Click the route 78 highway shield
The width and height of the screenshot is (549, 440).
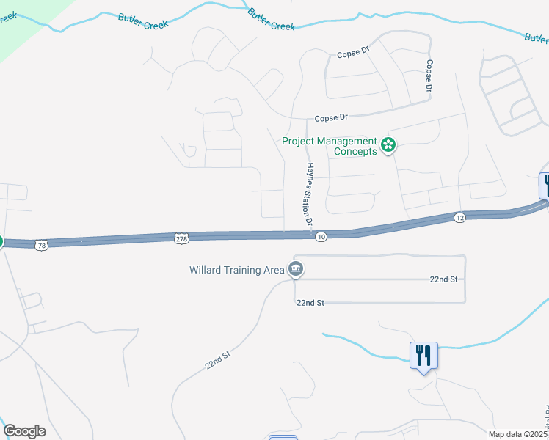pos(41,245)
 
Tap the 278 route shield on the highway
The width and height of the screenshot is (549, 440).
pos(183,238)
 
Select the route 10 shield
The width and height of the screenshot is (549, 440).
pos(321,237)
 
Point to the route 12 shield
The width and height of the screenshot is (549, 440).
pos(459,218)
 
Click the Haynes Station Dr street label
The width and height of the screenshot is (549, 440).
pos(310,194)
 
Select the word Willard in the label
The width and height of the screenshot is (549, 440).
pos(207,270)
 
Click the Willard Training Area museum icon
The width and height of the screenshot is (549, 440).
pos(296,269)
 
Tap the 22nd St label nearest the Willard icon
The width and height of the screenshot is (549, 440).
pos(310,302)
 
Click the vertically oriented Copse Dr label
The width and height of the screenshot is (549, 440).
pos(429,76)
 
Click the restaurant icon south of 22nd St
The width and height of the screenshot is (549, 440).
pos(423,356)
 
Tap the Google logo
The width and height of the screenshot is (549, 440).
pos(24,431)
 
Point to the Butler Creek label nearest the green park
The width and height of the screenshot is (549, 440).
pos(142,20)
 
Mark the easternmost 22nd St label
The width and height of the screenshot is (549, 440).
pos(443,279)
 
